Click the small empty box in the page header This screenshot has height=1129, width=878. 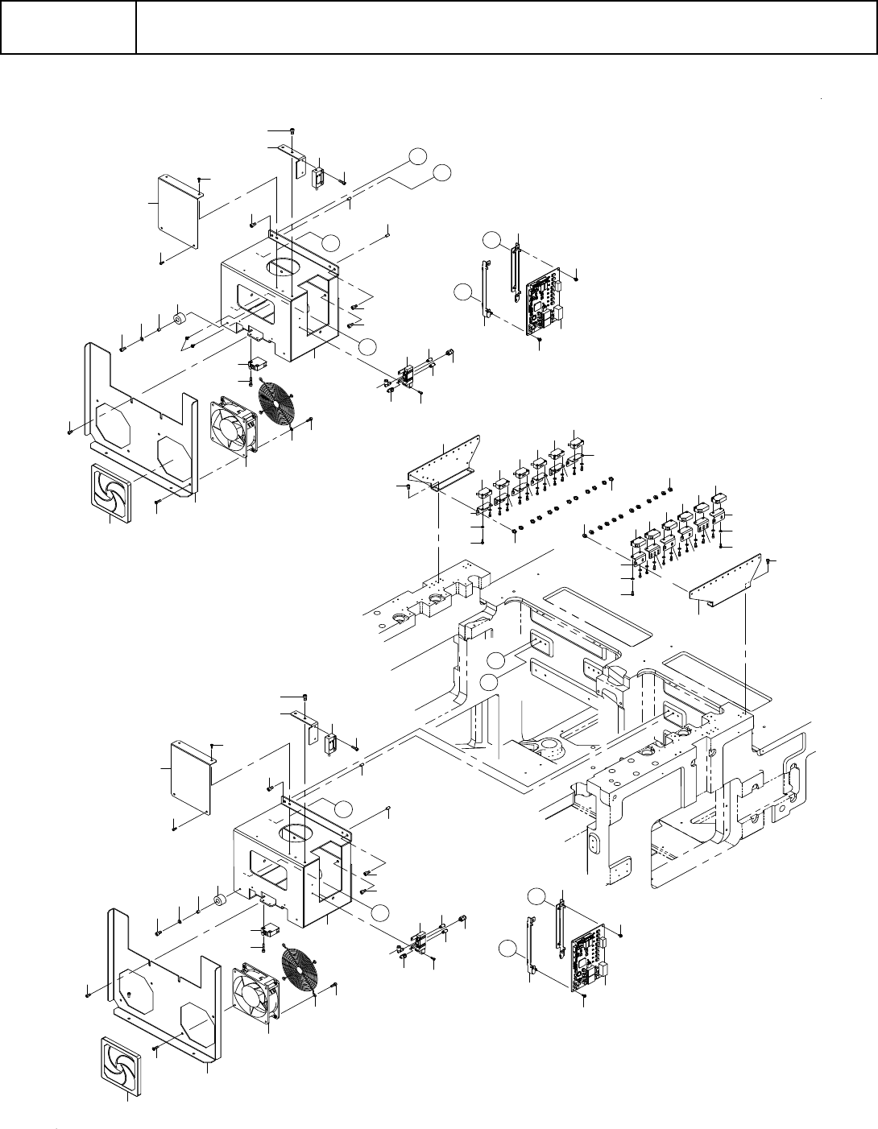tap(68, 27)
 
